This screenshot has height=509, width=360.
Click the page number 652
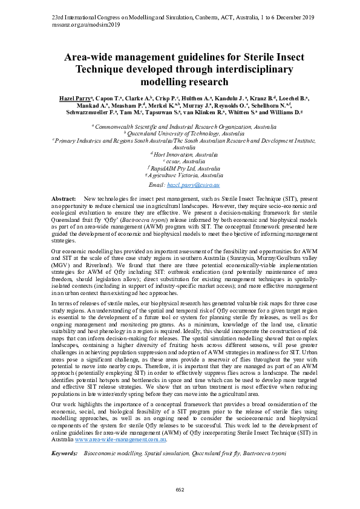[x=180, y=489]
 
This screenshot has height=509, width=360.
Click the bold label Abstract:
[x=64, y=198]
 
